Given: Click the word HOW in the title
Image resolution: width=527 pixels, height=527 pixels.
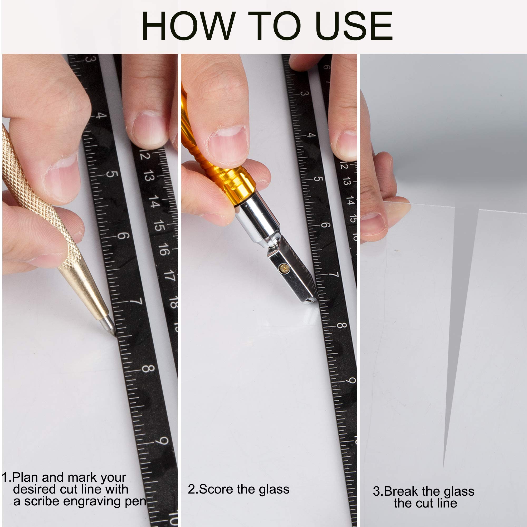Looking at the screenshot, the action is pyautogui.click(x=188, y=26).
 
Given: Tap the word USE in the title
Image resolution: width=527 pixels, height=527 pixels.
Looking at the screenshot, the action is pyautogui.click(x=354, y=26).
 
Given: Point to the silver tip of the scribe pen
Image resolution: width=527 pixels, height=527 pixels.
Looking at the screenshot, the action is pyautogui.click(x=109, y=326).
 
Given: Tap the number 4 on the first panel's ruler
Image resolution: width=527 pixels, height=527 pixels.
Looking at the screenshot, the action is pyautogui.click(x=101, y=115).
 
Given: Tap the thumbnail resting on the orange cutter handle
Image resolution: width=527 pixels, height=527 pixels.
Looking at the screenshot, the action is pyautogui.click(x=227, y=143).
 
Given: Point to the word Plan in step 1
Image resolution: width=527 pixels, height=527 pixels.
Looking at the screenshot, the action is pyautogui.click(x=25, y=477).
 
